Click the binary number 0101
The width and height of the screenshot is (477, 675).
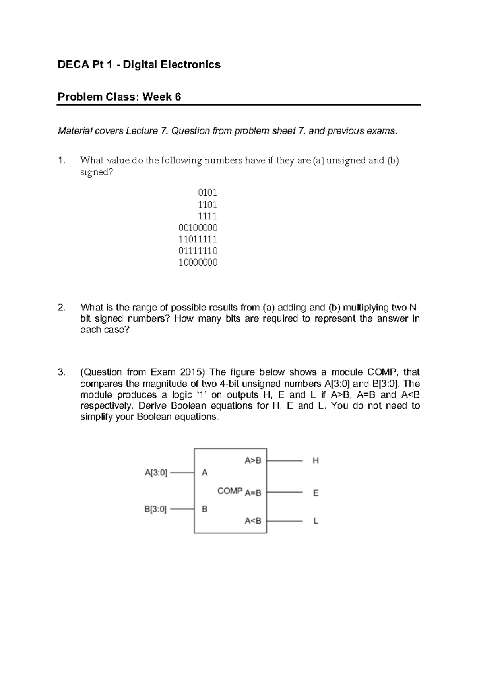coord(207,193)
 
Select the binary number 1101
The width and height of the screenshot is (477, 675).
coord(207,205)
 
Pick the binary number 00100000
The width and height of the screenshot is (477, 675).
coord(198,228)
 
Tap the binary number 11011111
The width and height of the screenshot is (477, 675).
coord(198,239)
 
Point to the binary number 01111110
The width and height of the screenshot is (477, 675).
coord(198,251)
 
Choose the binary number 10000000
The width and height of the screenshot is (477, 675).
coord(198,262)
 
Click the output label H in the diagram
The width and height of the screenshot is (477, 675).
coord(316,461)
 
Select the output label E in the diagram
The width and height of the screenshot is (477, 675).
coord(316,493)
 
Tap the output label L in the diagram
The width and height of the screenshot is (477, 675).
coord(316,521)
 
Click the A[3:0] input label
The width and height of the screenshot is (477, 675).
coord(156,473)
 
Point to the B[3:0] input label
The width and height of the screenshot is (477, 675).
coord(155,509)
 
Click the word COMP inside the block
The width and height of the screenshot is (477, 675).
coord(230,491)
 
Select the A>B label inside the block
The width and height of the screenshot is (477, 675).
coord(253,461)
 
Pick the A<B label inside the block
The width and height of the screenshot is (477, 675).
coord(253,521)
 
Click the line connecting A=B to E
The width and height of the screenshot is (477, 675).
coord(285,492)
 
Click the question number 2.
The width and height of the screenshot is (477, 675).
coord(60,308)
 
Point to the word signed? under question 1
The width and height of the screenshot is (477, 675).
coord(94,173)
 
